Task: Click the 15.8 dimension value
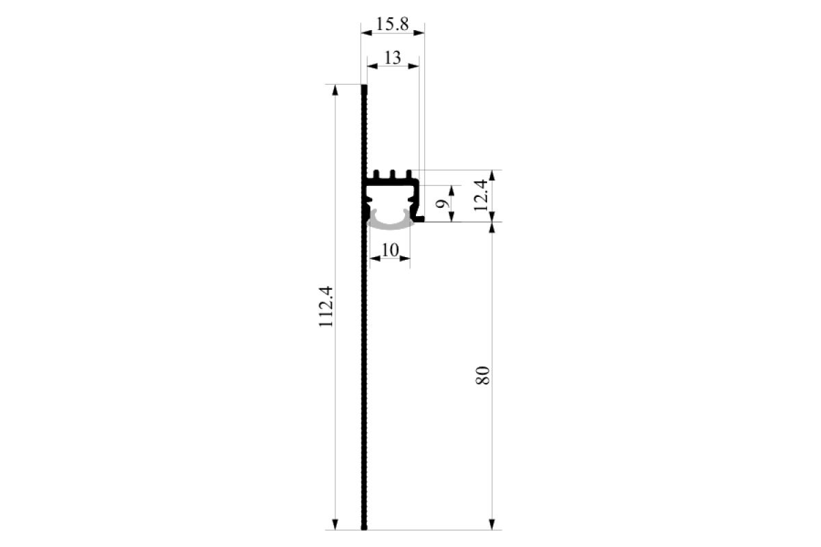[392, 24]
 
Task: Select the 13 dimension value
[393, 57]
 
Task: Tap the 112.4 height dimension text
[326, 306]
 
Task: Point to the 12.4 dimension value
[481, 196]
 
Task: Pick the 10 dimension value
[390, 250]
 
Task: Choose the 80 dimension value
[482, 375]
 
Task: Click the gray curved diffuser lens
[390, 224]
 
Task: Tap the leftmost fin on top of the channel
[376, 174]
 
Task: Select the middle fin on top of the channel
[393, 174]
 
